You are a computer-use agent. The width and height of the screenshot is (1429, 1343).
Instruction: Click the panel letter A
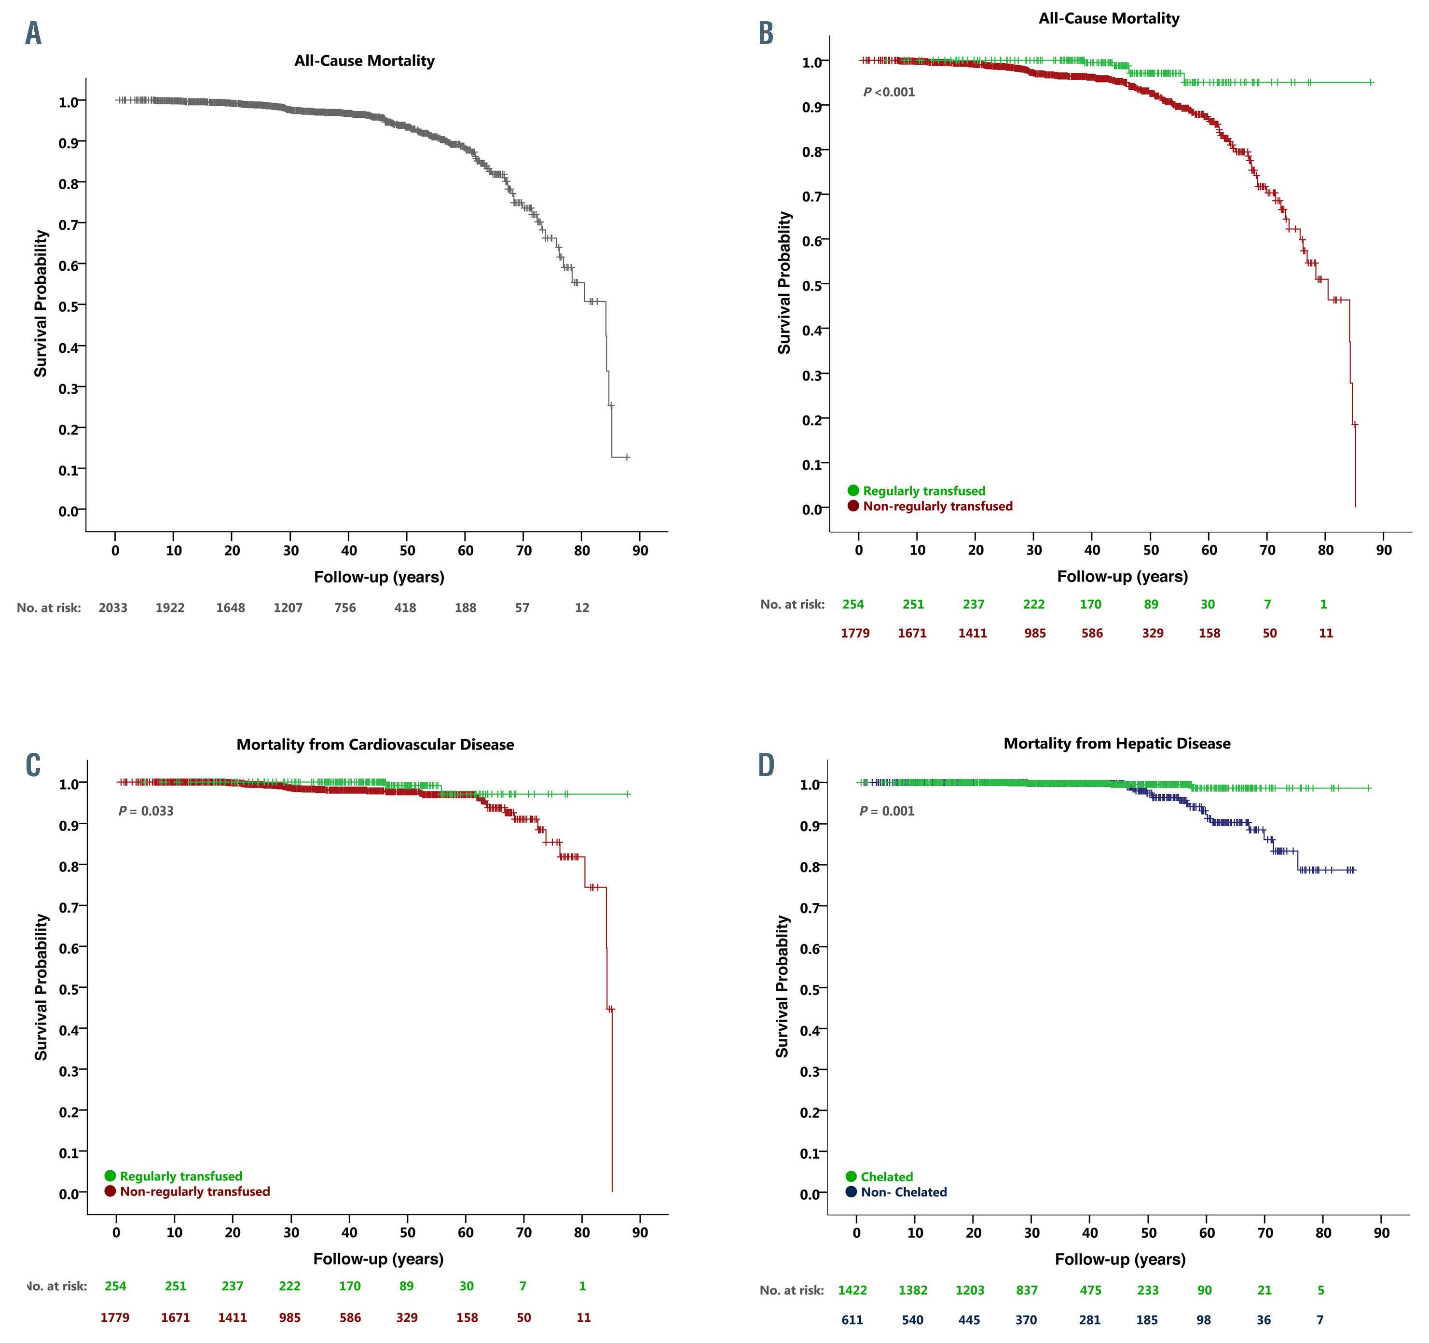point(33,33)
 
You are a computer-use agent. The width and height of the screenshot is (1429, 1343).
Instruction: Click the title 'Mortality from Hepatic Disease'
point(1116,743)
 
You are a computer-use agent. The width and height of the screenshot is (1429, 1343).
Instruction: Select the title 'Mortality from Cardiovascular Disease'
point(375,744)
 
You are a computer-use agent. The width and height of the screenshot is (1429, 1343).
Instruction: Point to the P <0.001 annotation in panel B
point(889,92)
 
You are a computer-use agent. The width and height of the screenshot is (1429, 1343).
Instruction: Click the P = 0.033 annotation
point(146,811)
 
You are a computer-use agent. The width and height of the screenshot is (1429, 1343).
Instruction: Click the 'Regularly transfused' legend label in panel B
point(924,491)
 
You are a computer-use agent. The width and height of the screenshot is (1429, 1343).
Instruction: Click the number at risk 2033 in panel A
point(113,608)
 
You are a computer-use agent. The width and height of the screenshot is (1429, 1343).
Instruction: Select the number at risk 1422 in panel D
point(852,1290)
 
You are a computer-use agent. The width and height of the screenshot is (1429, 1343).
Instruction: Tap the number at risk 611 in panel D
point(852,1319)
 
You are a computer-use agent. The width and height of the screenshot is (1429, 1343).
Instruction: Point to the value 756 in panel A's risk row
point(345,608)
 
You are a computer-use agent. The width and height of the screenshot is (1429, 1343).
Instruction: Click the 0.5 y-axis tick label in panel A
point(69,307)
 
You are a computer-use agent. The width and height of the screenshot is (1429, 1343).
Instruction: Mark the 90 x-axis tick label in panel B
point(1384,550)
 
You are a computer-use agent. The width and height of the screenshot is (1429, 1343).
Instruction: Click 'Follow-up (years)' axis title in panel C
point(378,1259)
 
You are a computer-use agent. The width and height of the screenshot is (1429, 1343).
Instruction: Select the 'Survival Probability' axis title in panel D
point(782,986)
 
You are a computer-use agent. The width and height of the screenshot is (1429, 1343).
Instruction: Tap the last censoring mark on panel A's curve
point(627,457)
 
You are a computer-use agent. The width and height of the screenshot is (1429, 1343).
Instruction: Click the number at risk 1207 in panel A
point(288,608)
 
